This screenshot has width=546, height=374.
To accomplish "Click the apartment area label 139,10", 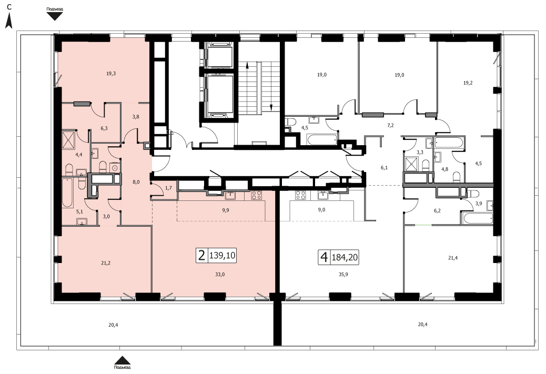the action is tap(222, 256).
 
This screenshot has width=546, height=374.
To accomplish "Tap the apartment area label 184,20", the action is tap(345, 257).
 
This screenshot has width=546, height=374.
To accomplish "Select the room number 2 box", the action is tap(201, 256).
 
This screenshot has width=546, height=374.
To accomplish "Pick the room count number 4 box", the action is tap(324, 257).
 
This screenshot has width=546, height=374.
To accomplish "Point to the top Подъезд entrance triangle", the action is tap(55, 16).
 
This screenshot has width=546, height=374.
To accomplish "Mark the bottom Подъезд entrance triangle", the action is tap(122, 360).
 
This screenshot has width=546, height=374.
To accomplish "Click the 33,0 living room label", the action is tap(220, 275).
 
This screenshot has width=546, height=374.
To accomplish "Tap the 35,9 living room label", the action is tap(343, 275).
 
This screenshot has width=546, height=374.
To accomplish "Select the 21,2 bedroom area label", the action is tap(106, 263).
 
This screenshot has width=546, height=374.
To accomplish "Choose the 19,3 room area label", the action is tap(111, 74).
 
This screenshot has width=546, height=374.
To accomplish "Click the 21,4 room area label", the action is tap(453, 258).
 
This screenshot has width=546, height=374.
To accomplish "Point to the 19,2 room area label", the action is tap(468, 83).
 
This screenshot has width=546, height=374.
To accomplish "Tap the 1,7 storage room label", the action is tap(168, 188).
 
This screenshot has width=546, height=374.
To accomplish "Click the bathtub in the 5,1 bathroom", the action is tap(67, 193).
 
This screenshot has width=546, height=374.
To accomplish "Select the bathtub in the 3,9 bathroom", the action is tap(477, 218).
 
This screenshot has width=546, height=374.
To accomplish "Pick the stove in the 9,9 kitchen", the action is tap(257, 195).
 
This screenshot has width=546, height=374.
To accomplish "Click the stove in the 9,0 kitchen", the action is tap(300, 195).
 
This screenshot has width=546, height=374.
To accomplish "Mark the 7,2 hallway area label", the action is tap(390, 125).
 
